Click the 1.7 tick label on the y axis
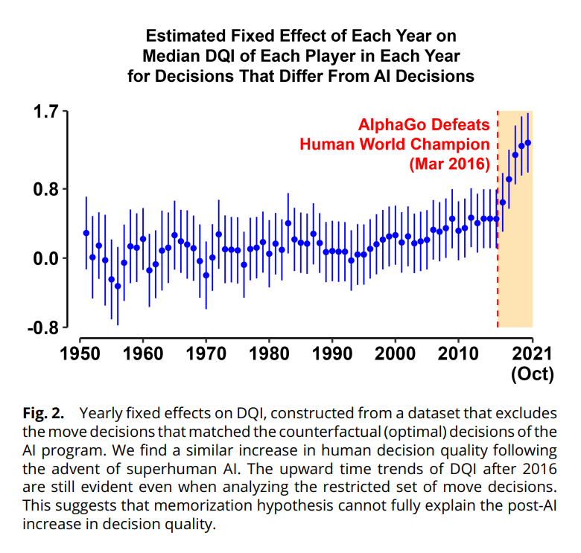(x=44, y=114)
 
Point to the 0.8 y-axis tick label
(x=44, y=188)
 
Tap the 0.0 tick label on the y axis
(x=44, y=258)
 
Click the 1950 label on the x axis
(x=79, y=352)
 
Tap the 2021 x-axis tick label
(x=532, y=352)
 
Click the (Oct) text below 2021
(x=532, y=374)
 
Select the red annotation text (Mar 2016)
(x=450, y=163)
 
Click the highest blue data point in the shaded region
(x=528, y=142)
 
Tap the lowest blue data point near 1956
(x=118, y=286)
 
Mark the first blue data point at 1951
(x=86, y=233)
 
